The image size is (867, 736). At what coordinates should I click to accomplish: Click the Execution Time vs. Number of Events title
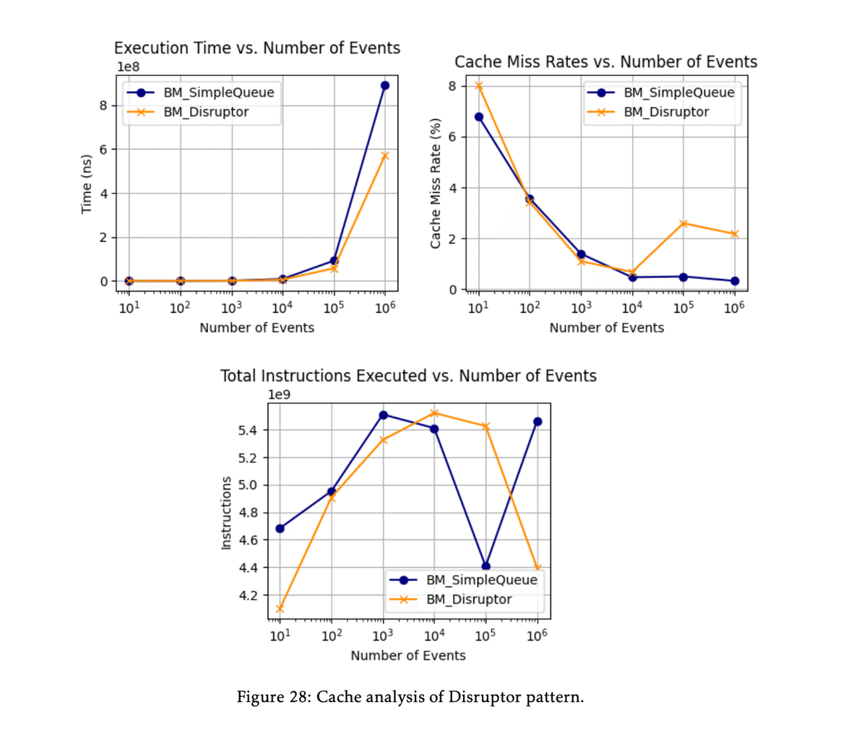tap(257, 48)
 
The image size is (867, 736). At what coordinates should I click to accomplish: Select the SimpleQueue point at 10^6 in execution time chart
tap(385, 85)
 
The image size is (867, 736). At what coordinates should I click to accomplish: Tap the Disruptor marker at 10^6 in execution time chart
tap(385, 155)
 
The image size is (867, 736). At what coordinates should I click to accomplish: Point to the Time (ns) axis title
tap(87, 184)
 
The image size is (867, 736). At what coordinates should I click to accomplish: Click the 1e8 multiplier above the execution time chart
tap(129, 67)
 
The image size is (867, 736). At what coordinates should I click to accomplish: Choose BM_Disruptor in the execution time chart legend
tap(206, 112)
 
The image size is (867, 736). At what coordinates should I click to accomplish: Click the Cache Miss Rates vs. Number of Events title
tap(605, 62)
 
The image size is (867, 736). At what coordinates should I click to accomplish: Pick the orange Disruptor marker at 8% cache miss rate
tap(478, 86)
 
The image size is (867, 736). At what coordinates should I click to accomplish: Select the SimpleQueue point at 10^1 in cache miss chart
tap(478, 116)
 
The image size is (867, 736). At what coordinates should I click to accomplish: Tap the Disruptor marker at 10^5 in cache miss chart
tap(683, 223)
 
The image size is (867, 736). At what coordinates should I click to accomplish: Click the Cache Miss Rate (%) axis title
tap(435, 184)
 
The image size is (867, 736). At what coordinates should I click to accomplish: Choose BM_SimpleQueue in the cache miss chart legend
tap(678, 92)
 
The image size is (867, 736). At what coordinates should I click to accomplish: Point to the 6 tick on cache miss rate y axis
tap(452, 137)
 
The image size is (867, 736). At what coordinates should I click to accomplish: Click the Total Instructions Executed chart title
tap(408, 376)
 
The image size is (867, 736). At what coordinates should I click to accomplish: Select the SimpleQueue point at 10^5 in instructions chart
tap(486, 566)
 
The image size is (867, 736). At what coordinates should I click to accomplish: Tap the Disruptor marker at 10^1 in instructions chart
tap(280, 609)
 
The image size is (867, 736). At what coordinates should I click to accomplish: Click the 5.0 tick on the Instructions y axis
tap(249, 485)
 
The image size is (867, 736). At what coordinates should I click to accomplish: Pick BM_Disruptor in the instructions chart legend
tap(468, 599)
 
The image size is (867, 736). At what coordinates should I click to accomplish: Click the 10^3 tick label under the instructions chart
tap(382, 636)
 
